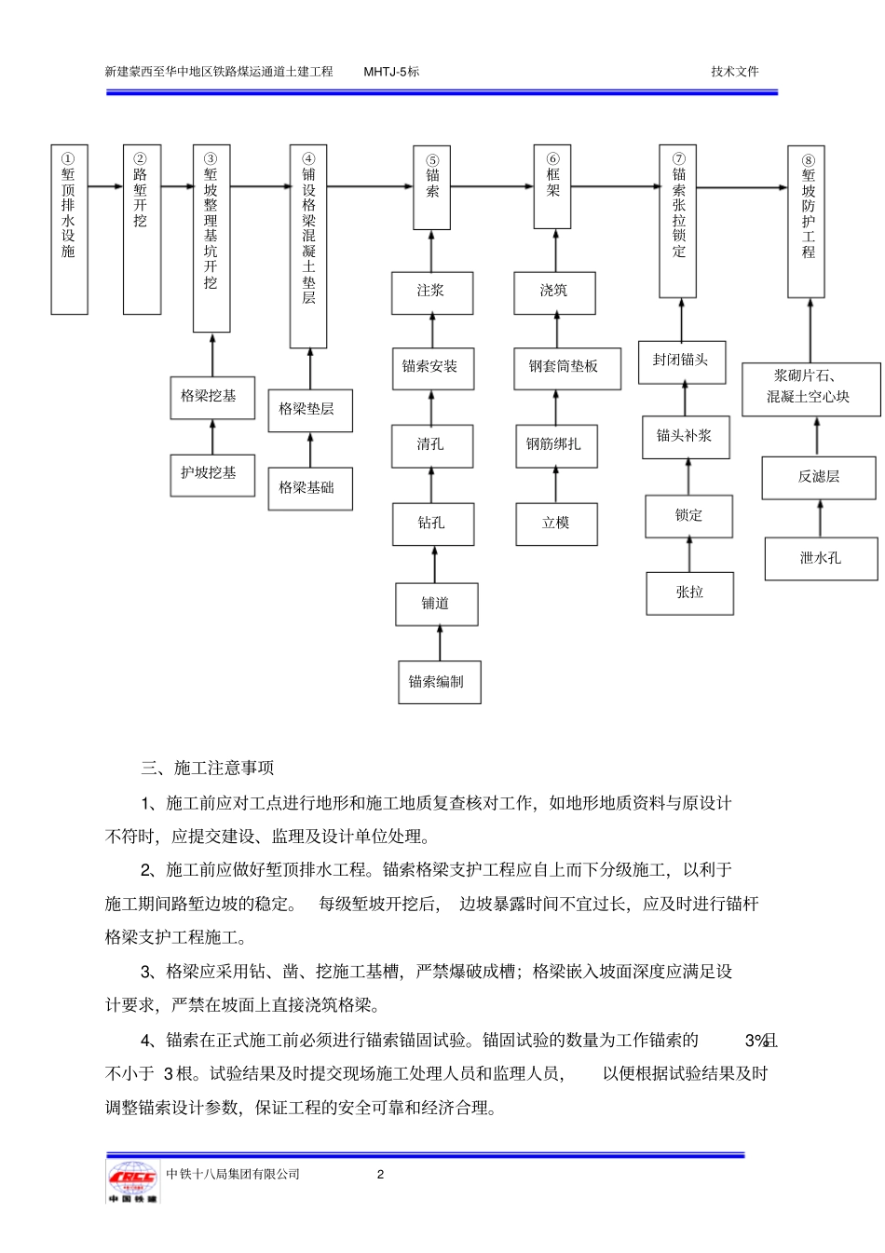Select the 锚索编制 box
[439, 682]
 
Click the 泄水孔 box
[821, 559]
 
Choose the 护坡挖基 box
[211, 474]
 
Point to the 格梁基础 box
[309, 488]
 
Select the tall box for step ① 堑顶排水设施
[69, 229]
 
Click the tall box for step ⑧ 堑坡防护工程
[807, 222]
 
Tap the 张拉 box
[689, 593]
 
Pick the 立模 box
[556, 524]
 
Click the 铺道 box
[436, 604]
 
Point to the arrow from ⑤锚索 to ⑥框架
[492, 187]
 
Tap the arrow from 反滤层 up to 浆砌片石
[817, 436]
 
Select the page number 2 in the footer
[380, 1175]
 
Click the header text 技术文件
[734, 72]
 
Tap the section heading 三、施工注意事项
[208, 769]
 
